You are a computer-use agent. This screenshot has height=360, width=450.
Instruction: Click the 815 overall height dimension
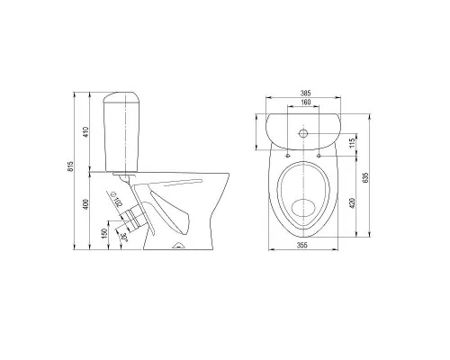click(x=71, y=166)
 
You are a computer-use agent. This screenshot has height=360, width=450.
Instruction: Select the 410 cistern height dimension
click(x=86, y=132)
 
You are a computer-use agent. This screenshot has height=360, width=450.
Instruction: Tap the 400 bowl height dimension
click(x=86, y=204)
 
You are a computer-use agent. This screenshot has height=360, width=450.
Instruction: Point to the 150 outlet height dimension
click(x=104, y=234)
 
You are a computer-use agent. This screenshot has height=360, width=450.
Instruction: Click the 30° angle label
click(x=124, y=237)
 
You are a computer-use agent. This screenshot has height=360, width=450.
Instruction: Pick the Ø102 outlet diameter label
click(x=117, y=199)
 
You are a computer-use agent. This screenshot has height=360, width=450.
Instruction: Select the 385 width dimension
click(x=306, y=94)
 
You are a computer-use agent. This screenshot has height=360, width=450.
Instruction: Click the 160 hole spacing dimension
click(x=306, y=103)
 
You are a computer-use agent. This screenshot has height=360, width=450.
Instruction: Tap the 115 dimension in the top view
click(x=353, y=143)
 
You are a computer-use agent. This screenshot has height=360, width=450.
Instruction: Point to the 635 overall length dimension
click(x=365, y=177)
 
